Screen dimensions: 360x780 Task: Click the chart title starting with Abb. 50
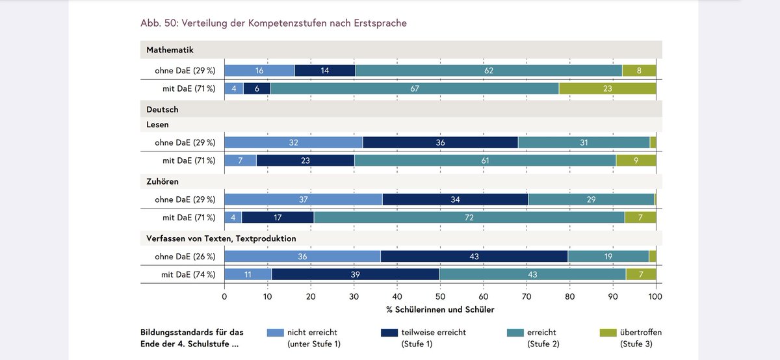pos(274,23)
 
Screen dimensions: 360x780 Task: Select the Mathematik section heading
pos(170,49)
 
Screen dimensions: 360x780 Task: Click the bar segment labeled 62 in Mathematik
pos(488,70)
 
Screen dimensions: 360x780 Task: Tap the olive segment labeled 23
pos(607,88)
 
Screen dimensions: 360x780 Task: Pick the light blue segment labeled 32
pos(293,142)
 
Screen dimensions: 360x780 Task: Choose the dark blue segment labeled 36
pos(440,142)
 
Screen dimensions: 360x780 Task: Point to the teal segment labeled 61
pos(485,161)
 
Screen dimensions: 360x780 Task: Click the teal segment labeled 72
pos(469,218)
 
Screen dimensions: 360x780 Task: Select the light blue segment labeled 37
pos(303,199)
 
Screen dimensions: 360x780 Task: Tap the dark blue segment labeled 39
pos(355,275)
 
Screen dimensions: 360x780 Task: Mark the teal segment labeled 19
pos(608,257)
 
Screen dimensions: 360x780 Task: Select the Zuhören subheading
pos(162,181)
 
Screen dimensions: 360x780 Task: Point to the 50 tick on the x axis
pos(440,296)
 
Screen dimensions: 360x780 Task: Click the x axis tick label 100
pos(655,296)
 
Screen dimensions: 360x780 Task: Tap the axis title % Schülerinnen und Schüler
pos(439,310)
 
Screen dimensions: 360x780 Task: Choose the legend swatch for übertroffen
pos(608,333)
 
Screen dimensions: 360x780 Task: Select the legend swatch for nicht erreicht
pos(276,333)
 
